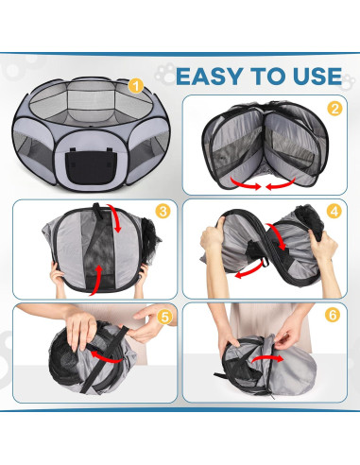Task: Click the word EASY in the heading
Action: tap(210, 77)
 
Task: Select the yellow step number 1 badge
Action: tap(136, 86)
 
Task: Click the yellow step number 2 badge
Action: tap(334, 109)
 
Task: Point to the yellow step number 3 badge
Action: tap(163, 212)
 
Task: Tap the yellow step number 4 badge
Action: tap(334, 212)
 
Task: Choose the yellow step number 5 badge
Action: tap(164, 318)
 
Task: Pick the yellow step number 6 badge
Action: tap(333, 315)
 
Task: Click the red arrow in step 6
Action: tap(267, 359)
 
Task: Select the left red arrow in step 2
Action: tap(245, 183)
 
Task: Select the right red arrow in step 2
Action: tap(281, 184)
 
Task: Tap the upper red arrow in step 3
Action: tap(115, 218)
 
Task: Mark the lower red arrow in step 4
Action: tap(249, 271)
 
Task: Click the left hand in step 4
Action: tap(212, 238)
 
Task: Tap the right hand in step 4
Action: tap(322, 249)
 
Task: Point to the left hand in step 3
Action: tap(57, 277)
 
